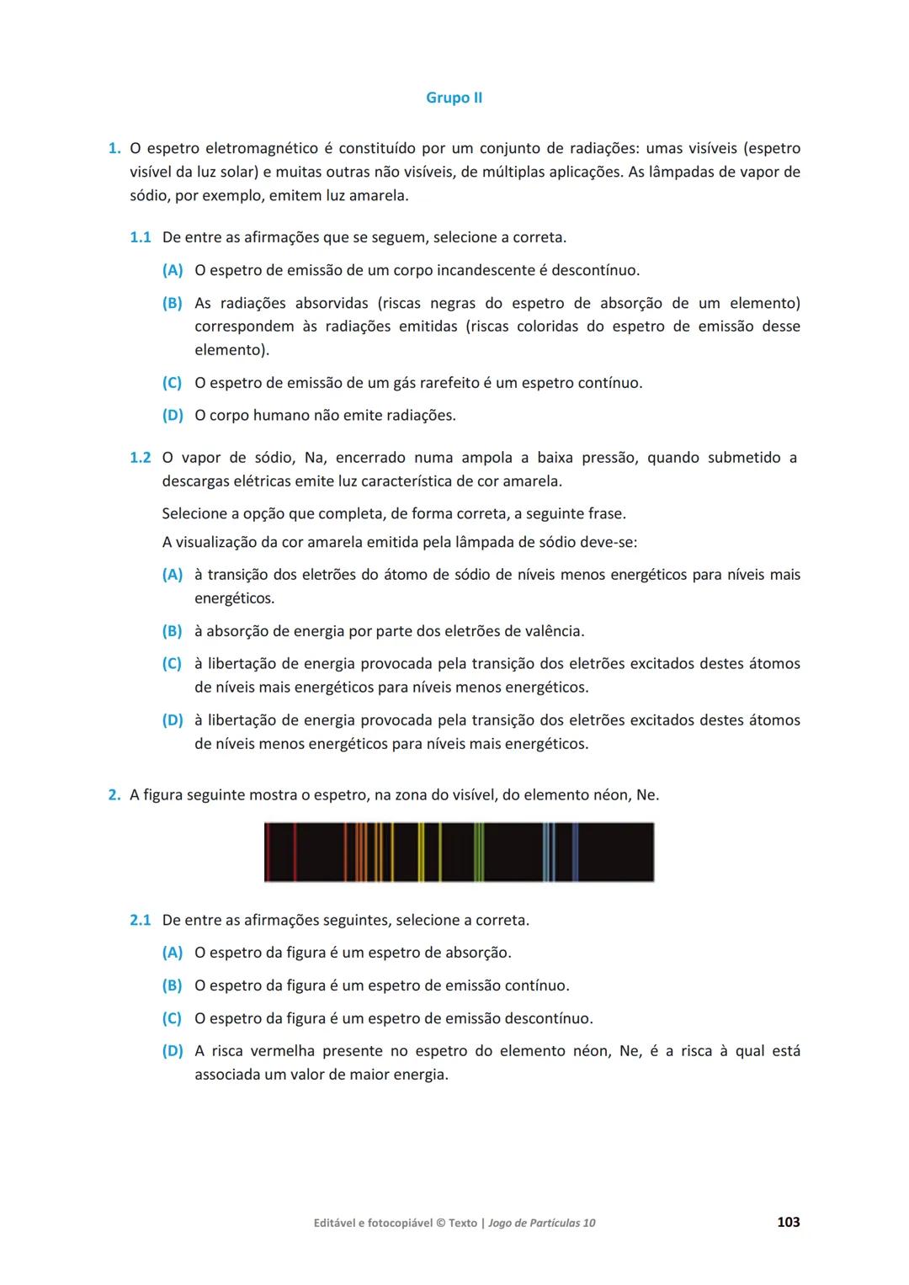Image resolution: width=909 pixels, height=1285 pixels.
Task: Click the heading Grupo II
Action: tap(454, 98)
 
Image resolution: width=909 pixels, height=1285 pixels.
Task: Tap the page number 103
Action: tap(788, 1222)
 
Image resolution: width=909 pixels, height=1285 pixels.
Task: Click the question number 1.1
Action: tap(140, 237)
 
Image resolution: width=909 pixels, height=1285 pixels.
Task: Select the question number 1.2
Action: tap(140, 458)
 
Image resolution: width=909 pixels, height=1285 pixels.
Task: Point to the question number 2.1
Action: tap(140, 920)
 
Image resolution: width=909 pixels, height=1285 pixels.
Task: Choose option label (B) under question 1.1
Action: tap(172, 303)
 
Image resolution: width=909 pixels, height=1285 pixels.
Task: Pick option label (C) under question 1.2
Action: tap(172, 664)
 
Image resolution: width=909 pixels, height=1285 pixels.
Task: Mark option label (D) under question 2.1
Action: tap(172, 1051)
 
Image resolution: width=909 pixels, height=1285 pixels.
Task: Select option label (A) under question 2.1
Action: tap(172, 953)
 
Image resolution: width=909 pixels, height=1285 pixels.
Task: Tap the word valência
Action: tap(550, 631)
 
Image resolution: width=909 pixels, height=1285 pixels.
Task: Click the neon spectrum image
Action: tap(459, 852)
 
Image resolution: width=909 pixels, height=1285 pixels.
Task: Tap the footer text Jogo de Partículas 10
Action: tap(541, 1223)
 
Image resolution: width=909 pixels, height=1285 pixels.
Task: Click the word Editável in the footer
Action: tap(332, 1223)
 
